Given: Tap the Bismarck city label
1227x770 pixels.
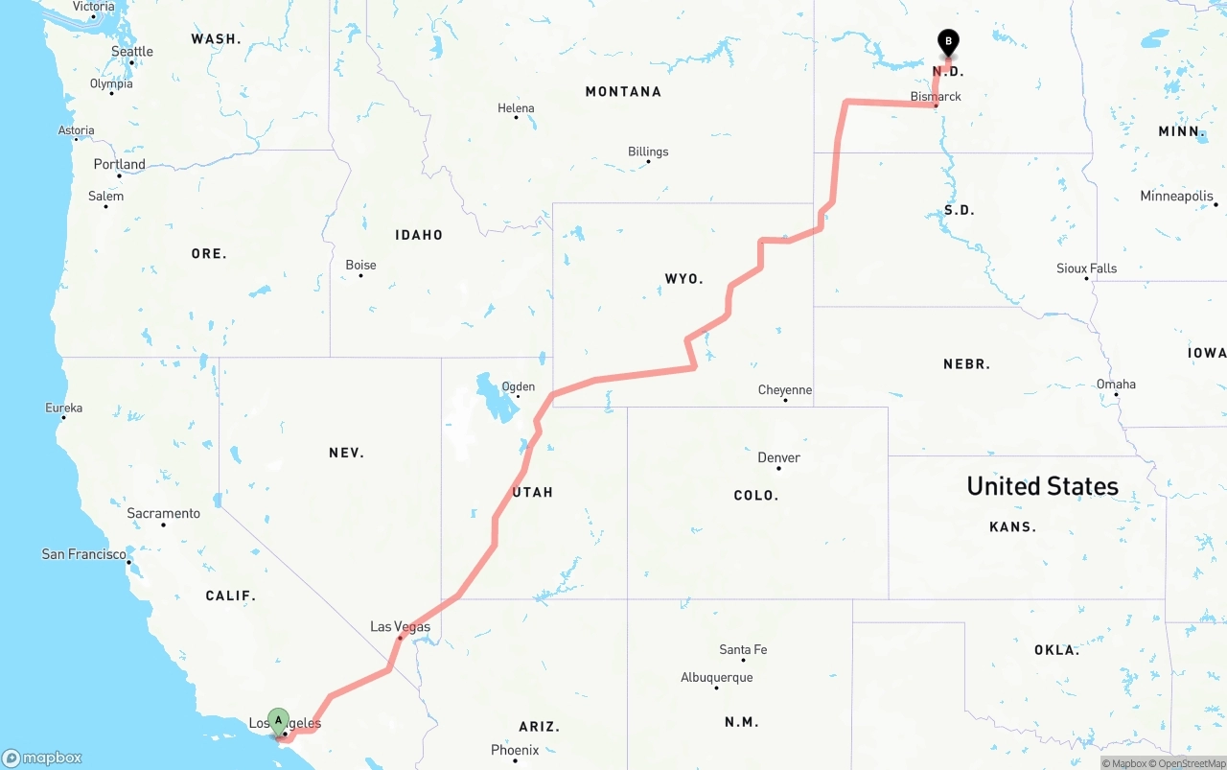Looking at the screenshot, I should click(936, 97).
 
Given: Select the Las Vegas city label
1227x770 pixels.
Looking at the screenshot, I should click(400, 627).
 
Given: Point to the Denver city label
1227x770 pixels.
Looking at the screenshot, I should click(778, 457).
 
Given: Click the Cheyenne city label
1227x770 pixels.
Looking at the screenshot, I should click(784, 390).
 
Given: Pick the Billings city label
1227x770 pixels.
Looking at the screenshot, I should click(648, 152).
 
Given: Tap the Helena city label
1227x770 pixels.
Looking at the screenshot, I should click(516, 108).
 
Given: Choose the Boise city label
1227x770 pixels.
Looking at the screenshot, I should click(360, 265).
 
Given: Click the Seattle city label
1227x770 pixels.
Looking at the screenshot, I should click(131, 52).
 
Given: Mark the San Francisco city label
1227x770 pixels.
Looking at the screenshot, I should click(84, 554).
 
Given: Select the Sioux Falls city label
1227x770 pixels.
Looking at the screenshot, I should click(1086, 268).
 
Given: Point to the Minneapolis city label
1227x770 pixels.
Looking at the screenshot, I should click(1176, 197).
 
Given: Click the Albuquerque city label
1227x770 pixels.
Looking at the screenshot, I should click(716, 678).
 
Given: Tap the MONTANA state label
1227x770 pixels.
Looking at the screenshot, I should click(623, 92).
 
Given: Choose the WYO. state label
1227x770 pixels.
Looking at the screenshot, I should click(683, 279).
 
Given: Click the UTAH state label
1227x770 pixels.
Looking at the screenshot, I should click(533, 492).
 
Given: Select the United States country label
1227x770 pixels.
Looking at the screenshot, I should click(1042, 486).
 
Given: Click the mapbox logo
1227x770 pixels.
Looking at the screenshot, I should click(42, 758).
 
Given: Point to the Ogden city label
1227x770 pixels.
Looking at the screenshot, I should click(519, 387).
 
